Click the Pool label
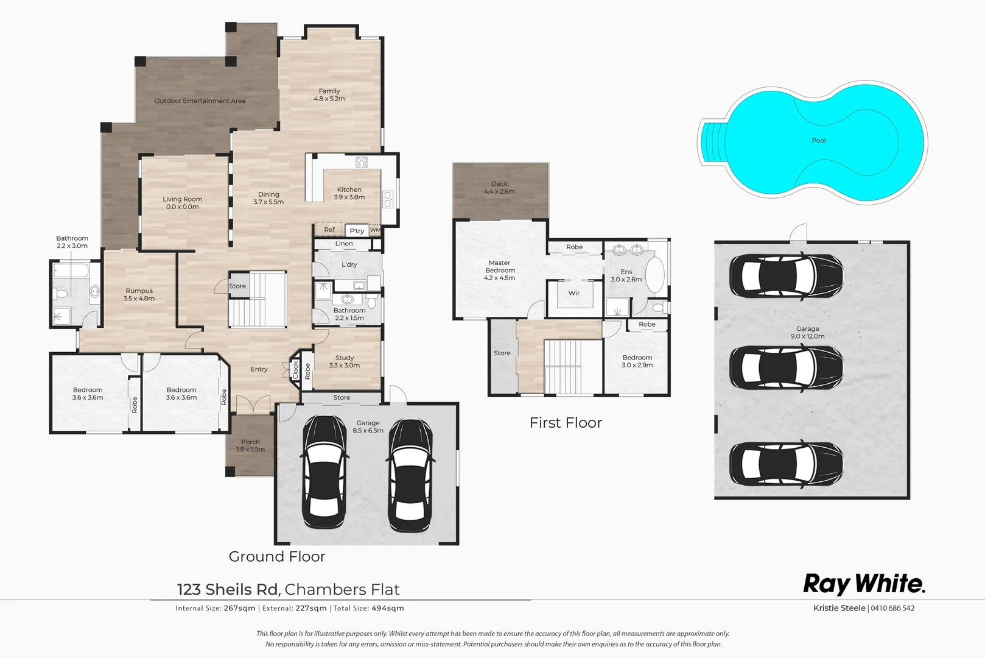818,141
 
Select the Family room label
329,94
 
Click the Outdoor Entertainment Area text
200,101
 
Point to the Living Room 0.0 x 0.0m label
182,203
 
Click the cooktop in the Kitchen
362,162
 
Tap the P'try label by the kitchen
357,231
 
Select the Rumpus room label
139,295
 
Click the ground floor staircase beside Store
258,299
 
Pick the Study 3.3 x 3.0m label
344,362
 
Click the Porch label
250,445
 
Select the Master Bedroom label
499,271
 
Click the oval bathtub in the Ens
654,275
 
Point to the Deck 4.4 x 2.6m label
499,188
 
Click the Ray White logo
864,584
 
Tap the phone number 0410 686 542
892,608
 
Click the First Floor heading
566,423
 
